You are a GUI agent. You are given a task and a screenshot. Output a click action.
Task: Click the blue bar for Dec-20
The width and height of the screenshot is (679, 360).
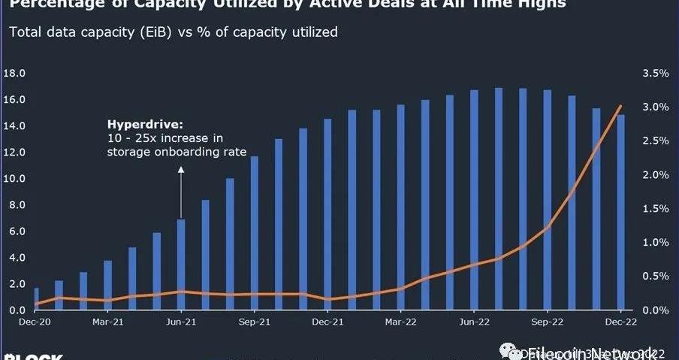pos(36,299)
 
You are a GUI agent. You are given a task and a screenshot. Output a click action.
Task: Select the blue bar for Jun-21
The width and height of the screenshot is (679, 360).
pos(181,265)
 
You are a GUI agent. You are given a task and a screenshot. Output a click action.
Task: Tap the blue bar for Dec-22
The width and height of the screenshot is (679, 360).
pos(620,213)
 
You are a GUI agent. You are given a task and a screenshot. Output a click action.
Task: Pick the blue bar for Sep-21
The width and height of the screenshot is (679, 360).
pos(254,233)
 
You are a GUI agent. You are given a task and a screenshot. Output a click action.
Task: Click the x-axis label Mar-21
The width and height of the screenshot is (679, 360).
pos(107,322)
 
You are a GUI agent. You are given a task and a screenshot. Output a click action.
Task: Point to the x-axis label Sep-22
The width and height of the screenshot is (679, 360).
pos(547,322)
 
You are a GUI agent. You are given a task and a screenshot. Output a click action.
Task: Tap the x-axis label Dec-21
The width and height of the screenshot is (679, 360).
pos(327,322)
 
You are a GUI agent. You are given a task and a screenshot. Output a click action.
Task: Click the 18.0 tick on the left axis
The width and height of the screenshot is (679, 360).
pos(15,74)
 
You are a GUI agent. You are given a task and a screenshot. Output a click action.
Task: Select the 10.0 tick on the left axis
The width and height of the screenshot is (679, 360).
pos(15,179)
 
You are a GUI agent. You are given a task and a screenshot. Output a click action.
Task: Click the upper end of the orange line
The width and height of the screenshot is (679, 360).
pos(620,107)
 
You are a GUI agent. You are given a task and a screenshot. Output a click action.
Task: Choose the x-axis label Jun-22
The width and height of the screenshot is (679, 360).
pos(474,322)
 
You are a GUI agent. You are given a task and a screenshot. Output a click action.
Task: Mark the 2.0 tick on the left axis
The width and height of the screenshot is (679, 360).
pos(17,284)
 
